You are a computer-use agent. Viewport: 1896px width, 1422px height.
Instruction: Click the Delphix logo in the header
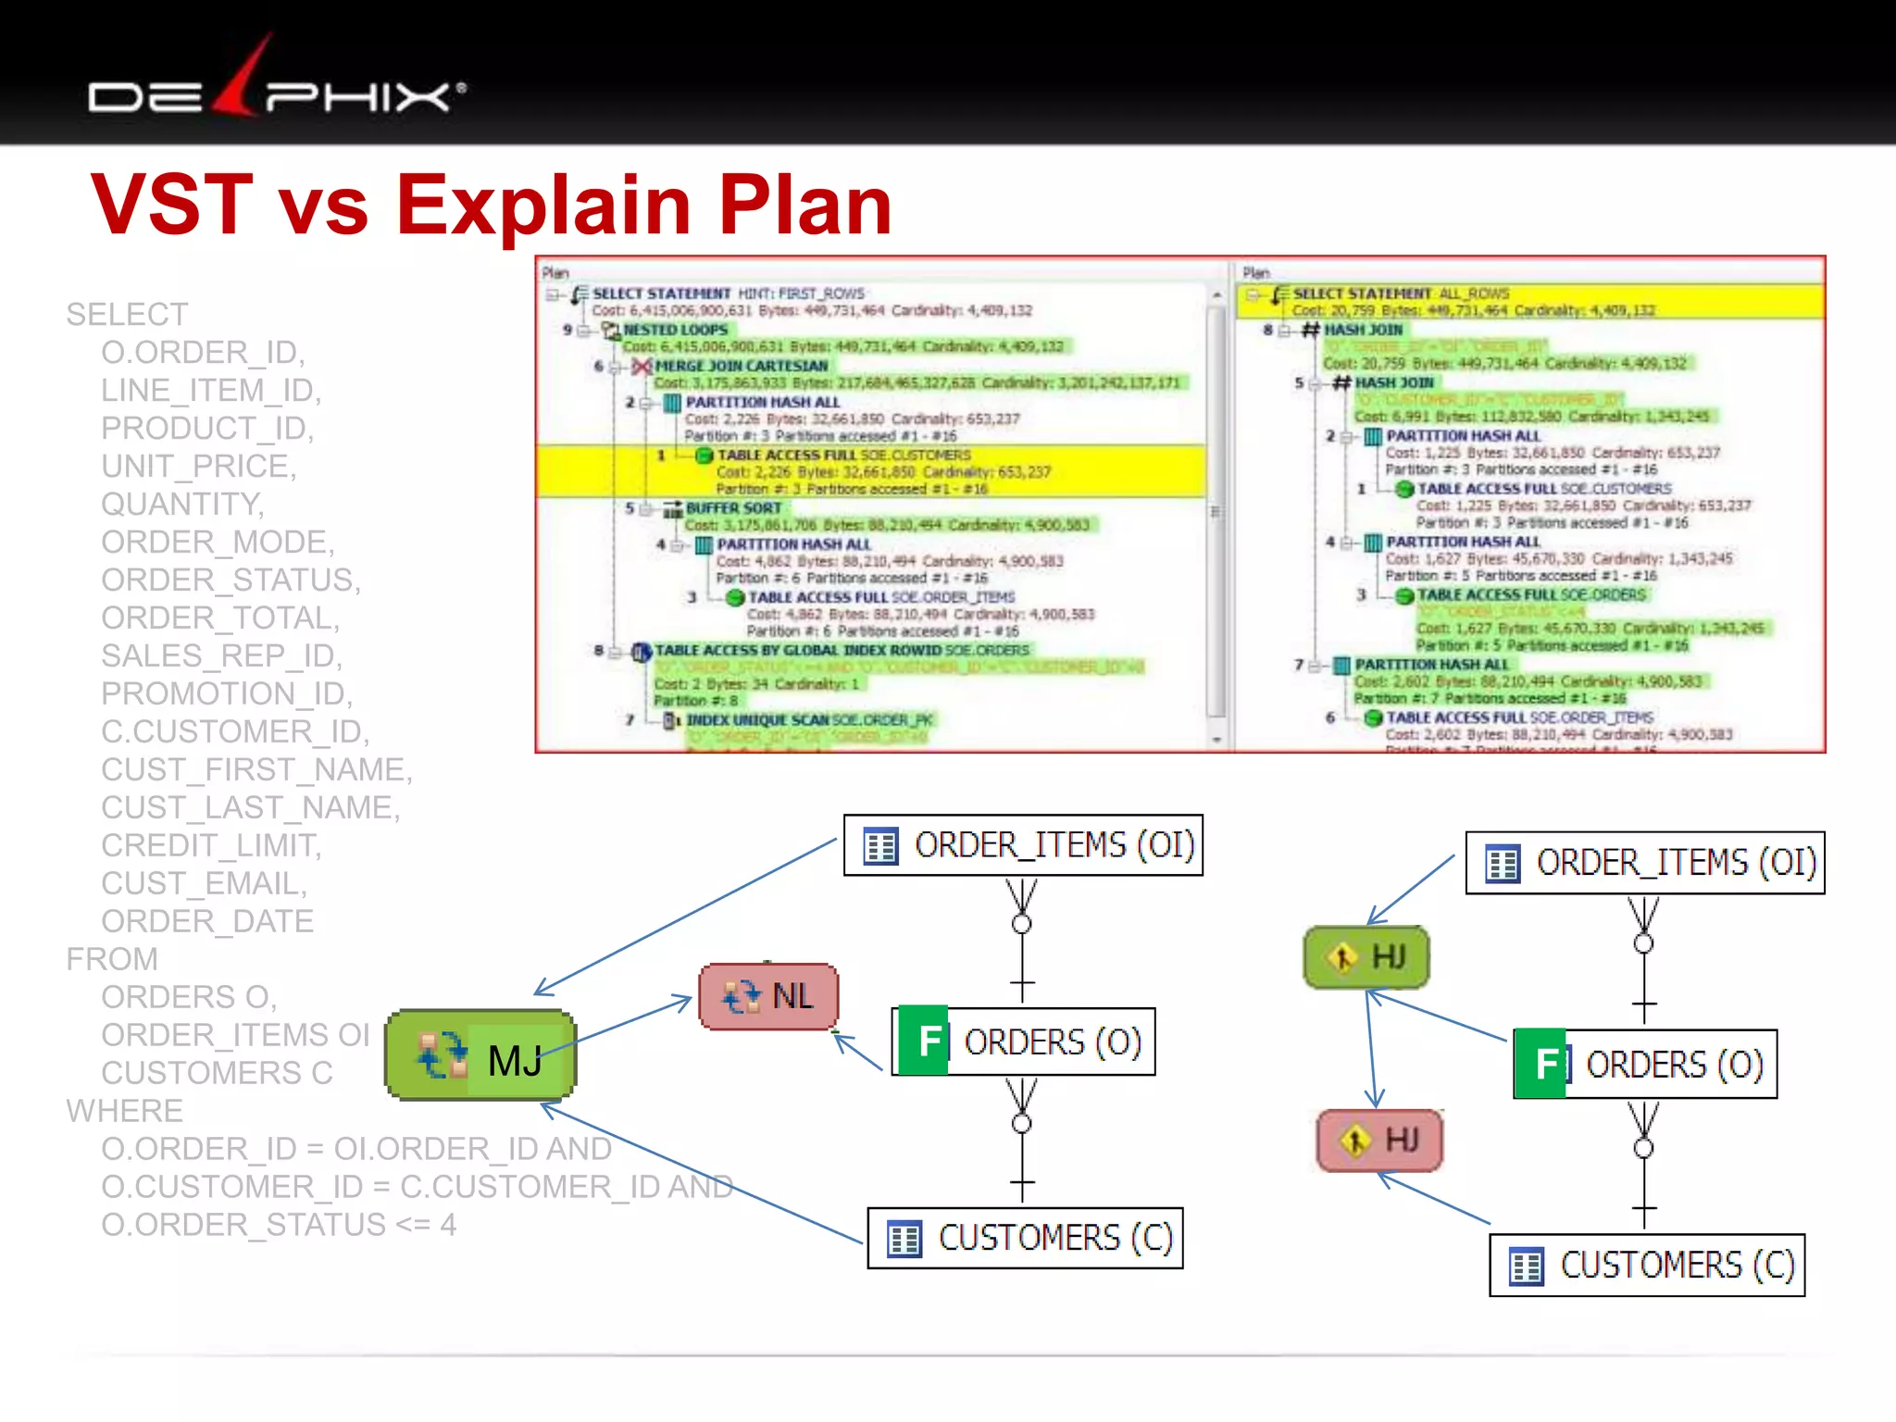click(276, 85)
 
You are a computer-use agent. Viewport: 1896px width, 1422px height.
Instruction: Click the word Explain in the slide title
click(543, 206)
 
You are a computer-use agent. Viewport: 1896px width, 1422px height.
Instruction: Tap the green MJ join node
click(480, 1055)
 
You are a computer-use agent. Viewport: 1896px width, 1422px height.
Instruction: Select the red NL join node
click(768, 996)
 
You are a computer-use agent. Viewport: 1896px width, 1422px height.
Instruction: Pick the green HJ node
click(1366, 956)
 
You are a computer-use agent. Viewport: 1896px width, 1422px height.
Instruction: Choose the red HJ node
click(1379, 1140)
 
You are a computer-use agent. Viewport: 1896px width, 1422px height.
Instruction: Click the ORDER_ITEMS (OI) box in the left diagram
click(1023, 845)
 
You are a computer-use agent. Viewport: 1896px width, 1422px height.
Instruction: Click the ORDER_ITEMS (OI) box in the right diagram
click(1645, 863)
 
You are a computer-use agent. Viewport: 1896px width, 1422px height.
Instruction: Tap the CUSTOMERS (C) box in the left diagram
click(1025, 1238)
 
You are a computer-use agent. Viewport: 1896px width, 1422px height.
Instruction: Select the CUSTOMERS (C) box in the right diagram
click(1647, 1265)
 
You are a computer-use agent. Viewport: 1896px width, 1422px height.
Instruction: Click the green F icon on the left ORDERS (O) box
click(924, 1041)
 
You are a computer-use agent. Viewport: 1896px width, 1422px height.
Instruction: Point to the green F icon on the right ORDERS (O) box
click(1540, 1064)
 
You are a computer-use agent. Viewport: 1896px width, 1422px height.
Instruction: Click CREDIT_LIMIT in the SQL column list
click(211, 845)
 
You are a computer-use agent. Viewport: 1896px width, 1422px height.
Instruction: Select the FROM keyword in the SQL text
click(112, 959)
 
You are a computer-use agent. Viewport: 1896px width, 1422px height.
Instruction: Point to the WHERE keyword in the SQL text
click(125, 1111)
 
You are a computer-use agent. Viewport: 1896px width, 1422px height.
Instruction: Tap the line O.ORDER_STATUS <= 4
click(279, 1225)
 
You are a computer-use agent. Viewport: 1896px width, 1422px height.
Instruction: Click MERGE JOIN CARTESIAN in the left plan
click(741, 367)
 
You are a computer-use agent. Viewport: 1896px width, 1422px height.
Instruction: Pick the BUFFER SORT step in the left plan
click(733, 508)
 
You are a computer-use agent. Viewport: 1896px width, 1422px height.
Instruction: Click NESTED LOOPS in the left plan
click(676, 330)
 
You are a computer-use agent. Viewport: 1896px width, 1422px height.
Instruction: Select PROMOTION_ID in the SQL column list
click(227, 693)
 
